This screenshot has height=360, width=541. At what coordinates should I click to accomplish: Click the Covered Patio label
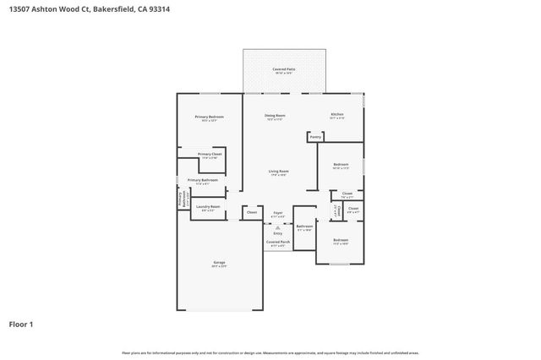click(283, 70)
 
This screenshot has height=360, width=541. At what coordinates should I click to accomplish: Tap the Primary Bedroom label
click(209, 117)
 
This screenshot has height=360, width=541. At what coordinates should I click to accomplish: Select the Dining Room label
click(276, 117)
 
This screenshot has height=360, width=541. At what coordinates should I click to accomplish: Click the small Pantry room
click(315, 136)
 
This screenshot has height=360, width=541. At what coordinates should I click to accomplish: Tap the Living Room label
click(279, 173)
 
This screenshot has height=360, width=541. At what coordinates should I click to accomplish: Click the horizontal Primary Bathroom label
click(203, 181)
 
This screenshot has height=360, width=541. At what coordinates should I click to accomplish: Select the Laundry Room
click(208, 208)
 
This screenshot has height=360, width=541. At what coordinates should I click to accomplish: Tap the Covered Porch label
click(277, 243)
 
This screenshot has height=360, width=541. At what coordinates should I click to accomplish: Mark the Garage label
click(219, 265)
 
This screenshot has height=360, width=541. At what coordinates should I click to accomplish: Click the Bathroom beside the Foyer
click(304, 227)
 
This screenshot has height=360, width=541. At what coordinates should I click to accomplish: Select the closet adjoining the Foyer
click(251, 213)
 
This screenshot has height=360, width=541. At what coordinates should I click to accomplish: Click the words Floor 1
click(21, 324)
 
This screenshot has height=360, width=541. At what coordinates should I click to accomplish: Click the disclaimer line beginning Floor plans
click(270, 352)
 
